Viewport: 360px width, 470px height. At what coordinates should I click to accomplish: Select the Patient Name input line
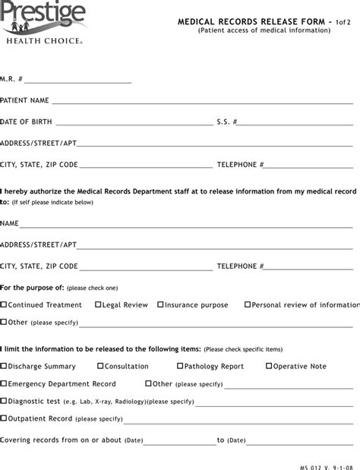pyautogui.click(x=202, y=102)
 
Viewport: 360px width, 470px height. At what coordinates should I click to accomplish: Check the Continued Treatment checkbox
pyautogui.click(x=4, y=305)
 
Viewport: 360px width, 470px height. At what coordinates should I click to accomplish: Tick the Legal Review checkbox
pyautogui.click(x=98, y=305)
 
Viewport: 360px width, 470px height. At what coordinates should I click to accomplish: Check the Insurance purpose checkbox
pyautogui.click(x=160, y=305)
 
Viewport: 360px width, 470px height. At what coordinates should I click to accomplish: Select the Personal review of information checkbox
pyautogui.click(x=248, y=305)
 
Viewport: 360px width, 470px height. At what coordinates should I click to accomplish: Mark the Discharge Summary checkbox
pyautogui.click(x=4, y=366)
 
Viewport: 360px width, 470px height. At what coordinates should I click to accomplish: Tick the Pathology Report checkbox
pyautogui.click(x=179, y=366)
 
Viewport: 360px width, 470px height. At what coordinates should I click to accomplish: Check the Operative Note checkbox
pyautogui.click(x=269, y=366)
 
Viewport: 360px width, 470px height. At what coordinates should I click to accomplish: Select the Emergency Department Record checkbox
pyautogui.click(x=4, y=384)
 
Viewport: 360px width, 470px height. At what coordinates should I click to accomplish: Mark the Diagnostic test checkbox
pyautogui.click(x=4, y=401)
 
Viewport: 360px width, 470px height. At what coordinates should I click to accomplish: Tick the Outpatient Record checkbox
pyautogui.click(x=4, y=418)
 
